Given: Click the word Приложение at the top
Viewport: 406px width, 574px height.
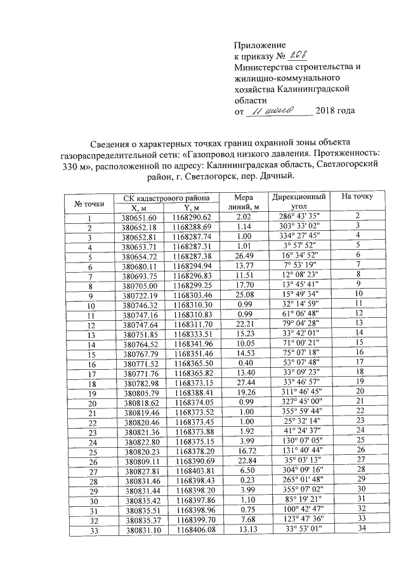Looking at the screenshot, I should [260, 46].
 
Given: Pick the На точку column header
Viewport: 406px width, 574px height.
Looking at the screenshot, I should [357, 197].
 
